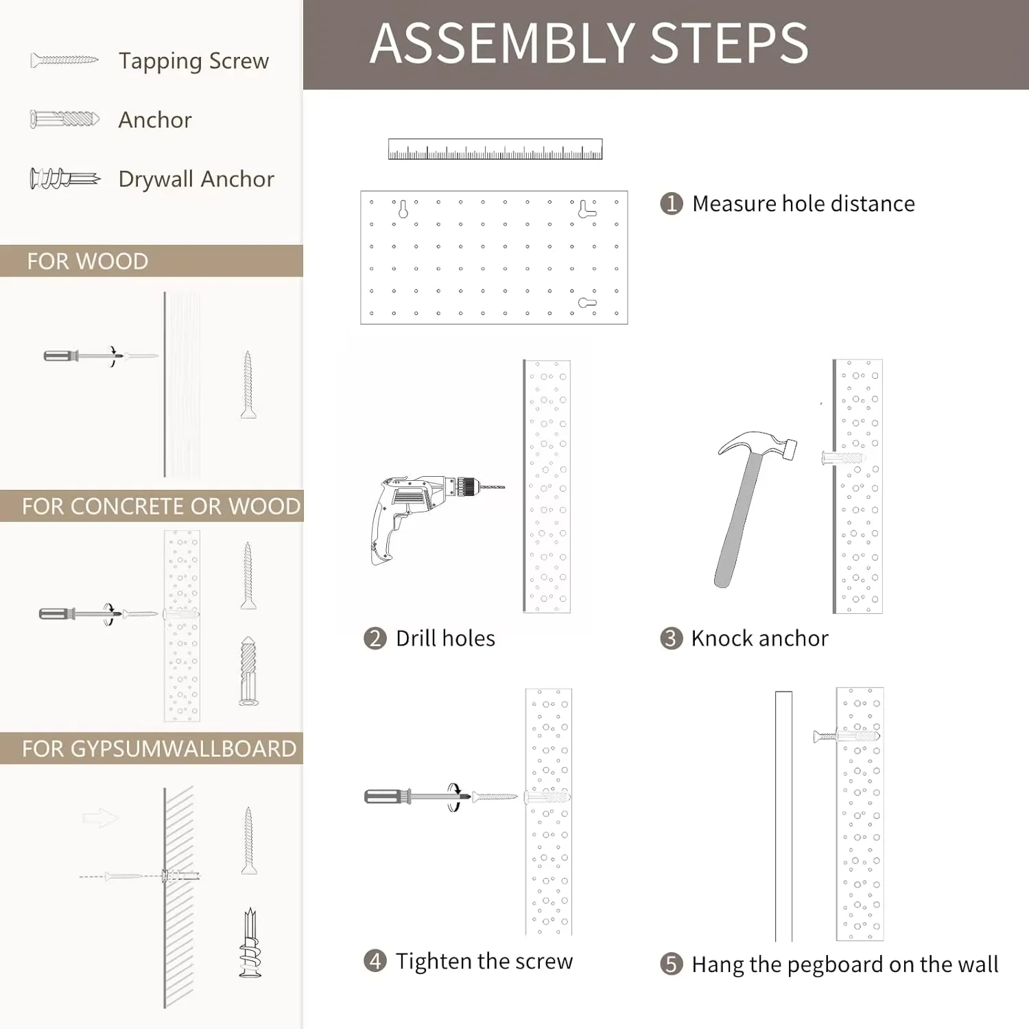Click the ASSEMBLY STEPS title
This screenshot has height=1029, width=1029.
tap(589, 43)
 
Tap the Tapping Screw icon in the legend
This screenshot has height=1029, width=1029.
tap(64, 61)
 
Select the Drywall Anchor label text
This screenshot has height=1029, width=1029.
tap(196, 179)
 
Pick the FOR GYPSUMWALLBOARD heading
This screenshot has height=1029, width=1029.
tap(159, 748)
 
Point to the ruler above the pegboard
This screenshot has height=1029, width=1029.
tap(495, 150)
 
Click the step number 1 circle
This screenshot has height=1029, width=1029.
tap(671, 204)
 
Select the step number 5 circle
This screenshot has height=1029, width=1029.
tap(671, 964)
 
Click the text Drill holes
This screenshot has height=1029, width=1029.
tap(445, 639)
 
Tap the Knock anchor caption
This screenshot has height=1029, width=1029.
tap(759, 639)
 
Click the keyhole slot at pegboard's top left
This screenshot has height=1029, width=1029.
tap(403, 209)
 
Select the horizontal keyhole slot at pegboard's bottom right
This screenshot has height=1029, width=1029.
tap(587, 303)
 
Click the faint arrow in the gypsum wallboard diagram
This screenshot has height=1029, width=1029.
tap(100, 817)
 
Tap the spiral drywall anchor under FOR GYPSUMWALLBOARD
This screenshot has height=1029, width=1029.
tap(250, 943)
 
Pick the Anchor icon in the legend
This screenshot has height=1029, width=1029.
tap(64, 119)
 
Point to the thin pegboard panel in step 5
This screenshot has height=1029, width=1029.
tap(783, 816)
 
